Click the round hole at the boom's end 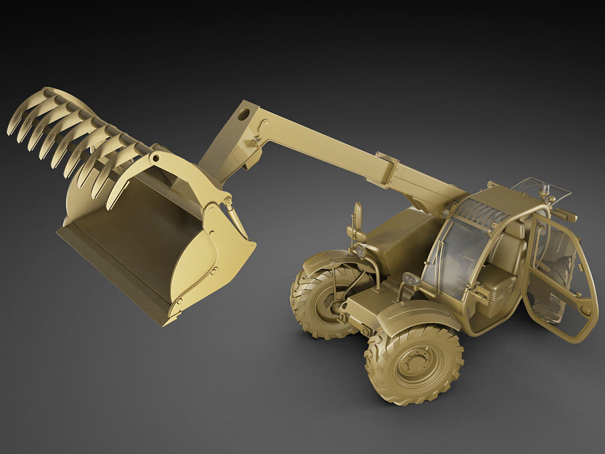(243, 116)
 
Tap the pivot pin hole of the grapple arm (156, 158)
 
